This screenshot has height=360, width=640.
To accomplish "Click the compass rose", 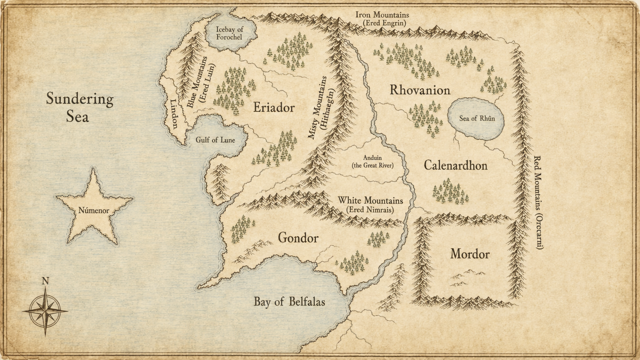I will pos(45,310).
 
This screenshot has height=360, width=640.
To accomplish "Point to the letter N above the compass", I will pos(45,281).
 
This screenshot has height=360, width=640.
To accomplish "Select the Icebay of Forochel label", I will pos(229,33).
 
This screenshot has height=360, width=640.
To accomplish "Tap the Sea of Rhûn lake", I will pos(477,118).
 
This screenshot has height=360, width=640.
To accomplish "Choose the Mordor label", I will pos(469,254).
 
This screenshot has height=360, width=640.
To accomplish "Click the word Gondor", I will pos(298,237).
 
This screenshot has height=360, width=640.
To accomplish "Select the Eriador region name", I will pos(273,107).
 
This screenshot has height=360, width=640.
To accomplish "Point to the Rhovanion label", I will pos(420,90).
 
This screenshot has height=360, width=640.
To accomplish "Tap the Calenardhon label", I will pos(455,165).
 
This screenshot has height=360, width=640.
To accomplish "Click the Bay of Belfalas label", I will pos(289,301).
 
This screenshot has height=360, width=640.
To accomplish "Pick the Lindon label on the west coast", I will pos(174,113).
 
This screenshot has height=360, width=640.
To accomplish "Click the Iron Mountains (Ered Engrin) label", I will pos(382,19).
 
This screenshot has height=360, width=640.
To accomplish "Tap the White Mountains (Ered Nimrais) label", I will pos(370,205).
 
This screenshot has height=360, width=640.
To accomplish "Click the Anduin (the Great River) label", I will pos(372,161).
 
